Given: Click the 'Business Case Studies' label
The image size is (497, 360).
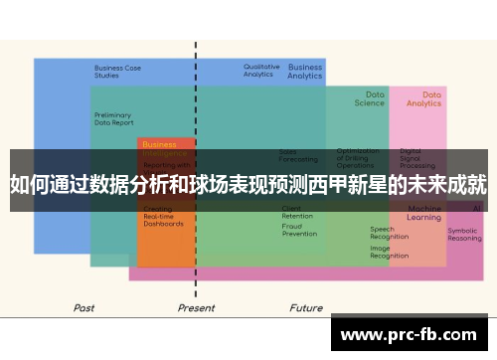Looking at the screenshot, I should point(117,72).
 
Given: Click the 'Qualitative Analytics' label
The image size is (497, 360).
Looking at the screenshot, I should point(260,71).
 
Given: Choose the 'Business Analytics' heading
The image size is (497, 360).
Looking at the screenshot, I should point(305,72).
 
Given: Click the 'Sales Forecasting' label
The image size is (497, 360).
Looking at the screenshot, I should point(298,155).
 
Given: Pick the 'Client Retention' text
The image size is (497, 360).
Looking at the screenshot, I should point(297,212).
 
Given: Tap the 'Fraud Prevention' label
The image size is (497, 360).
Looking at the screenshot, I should point(299,230).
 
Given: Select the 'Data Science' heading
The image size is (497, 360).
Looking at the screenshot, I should point(369,98).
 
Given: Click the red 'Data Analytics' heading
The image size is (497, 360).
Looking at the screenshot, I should point(423,98).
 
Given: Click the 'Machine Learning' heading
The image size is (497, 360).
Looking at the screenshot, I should point(424,213).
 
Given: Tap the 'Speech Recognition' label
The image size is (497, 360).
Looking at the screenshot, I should point(389,234).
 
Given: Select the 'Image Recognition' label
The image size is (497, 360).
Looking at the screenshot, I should point(389,253).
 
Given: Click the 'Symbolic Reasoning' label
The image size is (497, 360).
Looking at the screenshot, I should point(464,235).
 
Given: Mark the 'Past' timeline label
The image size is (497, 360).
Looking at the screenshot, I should point(84,308).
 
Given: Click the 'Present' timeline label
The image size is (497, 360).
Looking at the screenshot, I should point(196,308).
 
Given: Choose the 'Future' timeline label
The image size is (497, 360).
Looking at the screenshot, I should point(305,308).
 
